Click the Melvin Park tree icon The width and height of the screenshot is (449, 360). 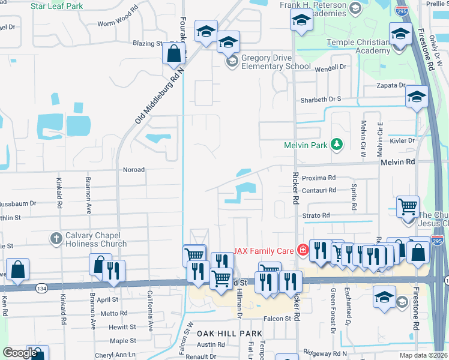[x=337, y=145]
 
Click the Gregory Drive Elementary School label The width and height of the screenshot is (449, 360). [x=268, y=62]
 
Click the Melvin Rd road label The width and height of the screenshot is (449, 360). [x=397, y=162]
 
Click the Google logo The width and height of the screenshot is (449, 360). [x=20, y=353]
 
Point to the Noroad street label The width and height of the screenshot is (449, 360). [x=133, y=170]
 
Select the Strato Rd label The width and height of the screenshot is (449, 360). [x=316, y=215]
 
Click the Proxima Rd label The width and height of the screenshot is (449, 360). [x=318, y=178]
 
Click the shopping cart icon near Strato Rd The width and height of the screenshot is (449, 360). [x=408, y=207]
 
